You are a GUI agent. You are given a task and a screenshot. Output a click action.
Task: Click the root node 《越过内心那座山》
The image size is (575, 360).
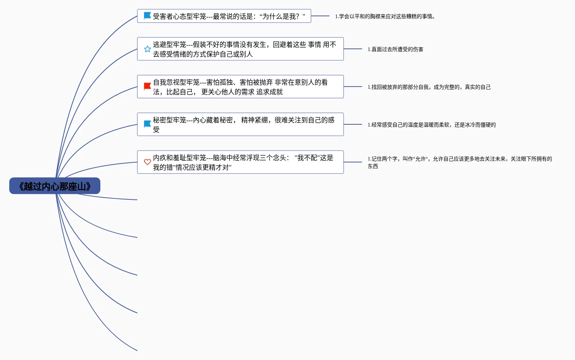55,186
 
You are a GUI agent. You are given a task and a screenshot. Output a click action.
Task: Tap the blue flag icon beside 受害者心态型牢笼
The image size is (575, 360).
147,16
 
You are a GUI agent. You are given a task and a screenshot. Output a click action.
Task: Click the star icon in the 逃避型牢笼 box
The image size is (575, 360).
147,49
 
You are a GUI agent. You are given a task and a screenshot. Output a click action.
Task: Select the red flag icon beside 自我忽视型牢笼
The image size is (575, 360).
147,87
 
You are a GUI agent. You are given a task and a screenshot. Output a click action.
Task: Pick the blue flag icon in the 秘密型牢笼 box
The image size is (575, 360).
147,124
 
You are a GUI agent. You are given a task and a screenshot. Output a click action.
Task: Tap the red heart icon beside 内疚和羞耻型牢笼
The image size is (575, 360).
147,162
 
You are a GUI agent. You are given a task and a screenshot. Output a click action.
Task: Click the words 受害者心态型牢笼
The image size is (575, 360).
179,16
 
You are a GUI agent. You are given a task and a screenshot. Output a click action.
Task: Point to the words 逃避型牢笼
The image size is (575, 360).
169,45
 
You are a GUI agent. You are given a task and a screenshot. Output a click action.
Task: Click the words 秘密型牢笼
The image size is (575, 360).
169,120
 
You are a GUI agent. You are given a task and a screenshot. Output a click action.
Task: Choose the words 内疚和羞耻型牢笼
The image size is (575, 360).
179,158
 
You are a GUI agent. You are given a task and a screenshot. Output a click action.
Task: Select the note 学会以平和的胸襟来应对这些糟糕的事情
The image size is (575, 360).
385,16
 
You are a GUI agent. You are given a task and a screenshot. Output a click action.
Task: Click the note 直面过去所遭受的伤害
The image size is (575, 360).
395,49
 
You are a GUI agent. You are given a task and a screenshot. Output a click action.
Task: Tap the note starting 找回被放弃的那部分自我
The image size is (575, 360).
429,87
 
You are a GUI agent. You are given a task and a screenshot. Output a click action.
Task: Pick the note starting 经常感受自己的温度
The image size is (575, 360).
432,125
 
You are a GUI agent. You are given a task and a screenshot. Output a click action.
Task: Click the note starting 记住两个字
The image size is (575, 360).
459,159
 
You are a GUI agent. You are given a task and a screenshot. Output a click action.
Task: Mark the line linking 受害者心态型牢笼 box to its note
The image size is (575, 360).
320,16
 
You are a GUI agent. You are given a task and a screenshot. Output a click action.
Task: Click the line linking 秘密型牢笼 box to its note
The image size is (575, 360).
353,124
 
